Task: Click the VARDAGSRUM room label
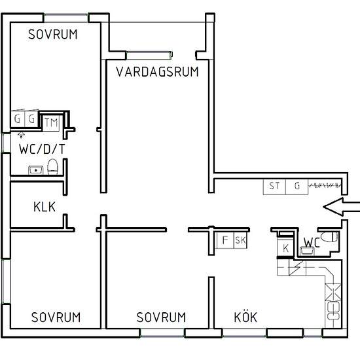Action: (x=157, y=71)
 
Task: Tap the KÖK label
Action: (x=245, y=317)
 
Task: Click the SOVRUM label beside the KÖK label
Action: (x=161, y=317)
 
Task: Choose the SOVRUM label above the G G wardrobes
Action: (x=53, y=35)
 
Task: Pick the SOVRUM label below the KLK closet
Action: (x=56, y=317)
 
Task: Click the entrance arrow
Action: (x=342, y=207)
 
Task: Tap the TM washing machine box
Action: (x=50, y=122)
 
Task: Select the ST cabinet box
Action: (x=274, y=186)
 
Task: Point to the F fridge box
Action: (x=225, y=240)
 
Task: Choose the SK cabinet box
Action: (x=240, y=240)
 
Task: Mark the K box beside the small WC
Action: (x=286, y=247)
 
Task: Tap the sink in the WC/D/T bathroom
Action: (x=35, y=170)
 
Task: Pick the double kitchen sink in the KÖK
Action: (x=333, y=310)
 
